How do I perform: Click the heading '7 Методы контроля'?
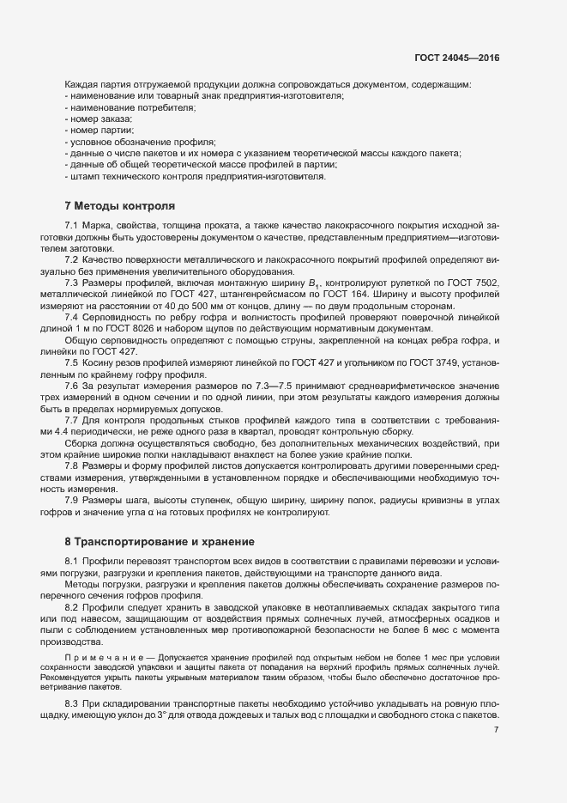119,206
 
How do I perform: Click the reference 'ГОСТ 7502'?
474,283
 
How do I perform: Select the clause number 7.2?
73,259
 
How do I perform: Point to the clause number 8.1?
73,560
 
